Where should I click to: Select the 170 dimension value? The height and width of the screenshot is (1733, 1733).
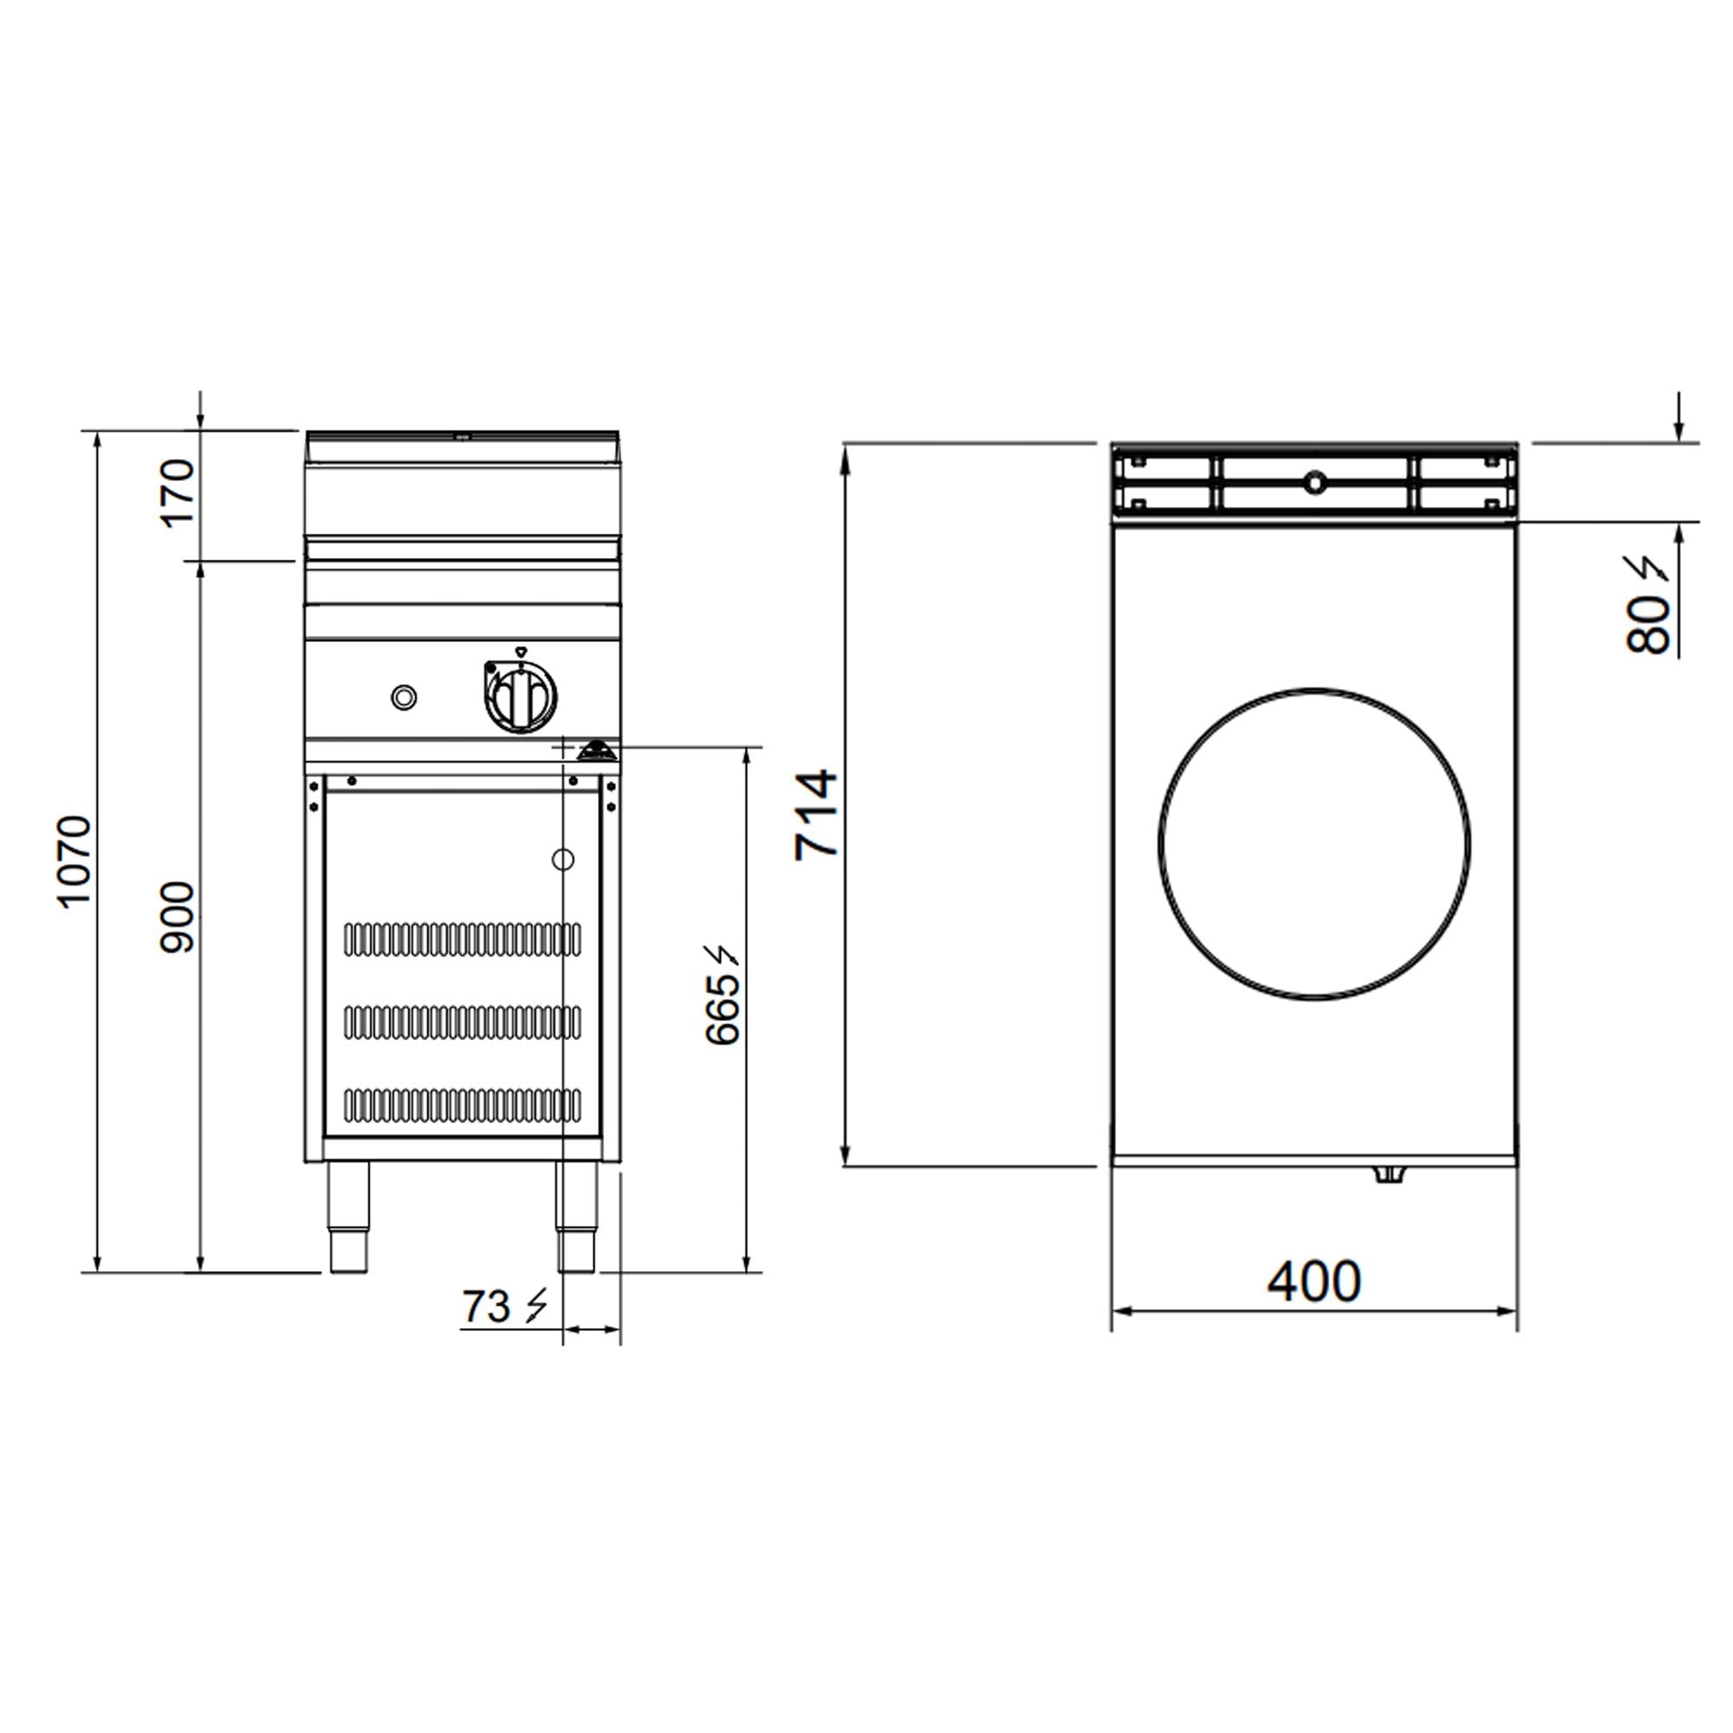coord(177,493)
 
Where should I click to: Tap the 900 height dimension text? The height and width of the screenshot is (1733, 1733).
coord(177,918)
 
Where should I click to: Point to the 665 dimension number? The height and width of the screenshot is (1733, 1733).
coord(723,1009)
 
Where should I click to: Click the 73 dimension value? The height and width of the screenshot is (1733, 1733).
coord(486,1307)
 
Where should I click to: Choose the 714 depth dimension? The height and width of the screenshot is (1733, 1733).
coord(816,815)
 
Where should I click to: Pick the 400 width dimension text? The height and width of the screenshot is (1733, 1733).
coord(1314,1281)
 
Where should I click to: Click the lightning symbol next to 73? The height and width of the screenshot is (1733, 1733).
coord(535,1306)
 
